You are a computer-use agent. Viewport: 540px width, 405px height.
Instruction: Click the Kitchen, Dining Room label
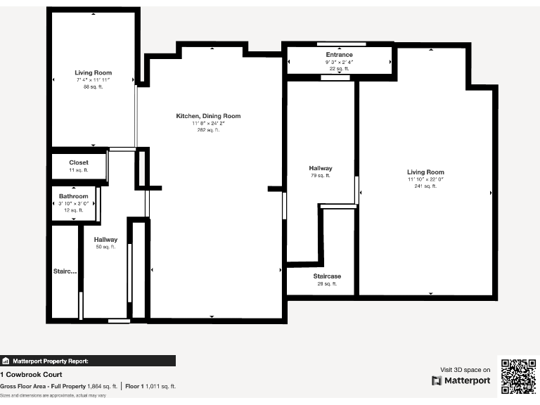pyautogui.click(x=208, y=116)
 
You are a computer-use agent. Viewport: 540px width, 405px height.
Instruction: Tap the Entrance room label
pyautogui.click(x=339, y=55)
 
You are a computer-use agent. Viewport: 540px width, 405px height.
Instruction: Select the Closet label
pyautogui.click(x=79, y=162)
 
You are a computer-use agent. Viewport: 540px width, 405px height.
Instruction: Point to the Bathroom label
pyautogui.click(x=74, y=196)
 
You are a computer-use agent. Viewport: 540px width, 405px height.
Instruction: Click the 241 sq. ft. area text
pyautogui.click(x=425, y=186)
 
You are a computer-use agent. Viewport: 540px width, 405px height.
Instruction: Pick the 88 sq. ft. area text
pyautogui.click(x=93, y=86)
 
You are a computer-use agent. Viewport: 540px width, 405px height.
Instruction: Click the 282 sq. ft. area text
pyautogui.click(x=208, y=130)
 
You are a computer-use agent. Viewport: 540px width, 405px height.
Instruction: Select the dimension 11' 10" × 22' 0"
pyautogui.click(x=425, y=179)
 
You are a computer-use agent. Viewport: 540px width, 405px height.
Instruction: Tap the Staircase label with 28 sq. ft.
pyautogui.click(x=327, y=276)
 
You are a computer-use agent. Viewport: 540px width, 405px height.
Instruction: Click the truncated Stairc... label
pyautogui.click(x=65, y=271)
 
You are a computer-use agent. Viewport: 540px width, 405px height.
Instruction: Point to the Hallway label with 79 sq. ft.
pyautogui.click(x=321, y=168)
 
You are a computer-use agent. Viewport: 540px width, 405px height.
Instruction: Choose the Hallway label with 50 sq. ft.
pyautogui.click(x=105, y=240)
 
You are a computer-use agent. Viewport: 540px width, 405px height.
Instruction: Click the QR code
pyautogui.click(x=518, y=376)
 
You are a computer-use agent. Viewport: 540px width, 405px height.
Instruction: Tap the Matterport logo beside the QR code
pyautogui.click(x=461, y=380)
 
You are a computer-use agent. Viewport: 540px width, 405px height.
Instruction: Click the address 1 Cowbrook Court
pyautogui.click(x=31, y=374)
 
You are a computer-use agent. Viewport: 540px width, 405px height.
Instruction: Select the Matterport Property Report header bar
pyautogui.click(x=88, y=361)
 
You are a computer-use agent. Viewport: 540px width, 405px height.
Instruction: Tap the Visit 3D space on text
pyautogui.click(x=465, y=369)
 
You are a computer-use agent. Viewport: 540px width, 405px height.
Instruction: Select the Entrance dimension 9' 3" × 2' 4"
pyautogui.click(x=339, y=62)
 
